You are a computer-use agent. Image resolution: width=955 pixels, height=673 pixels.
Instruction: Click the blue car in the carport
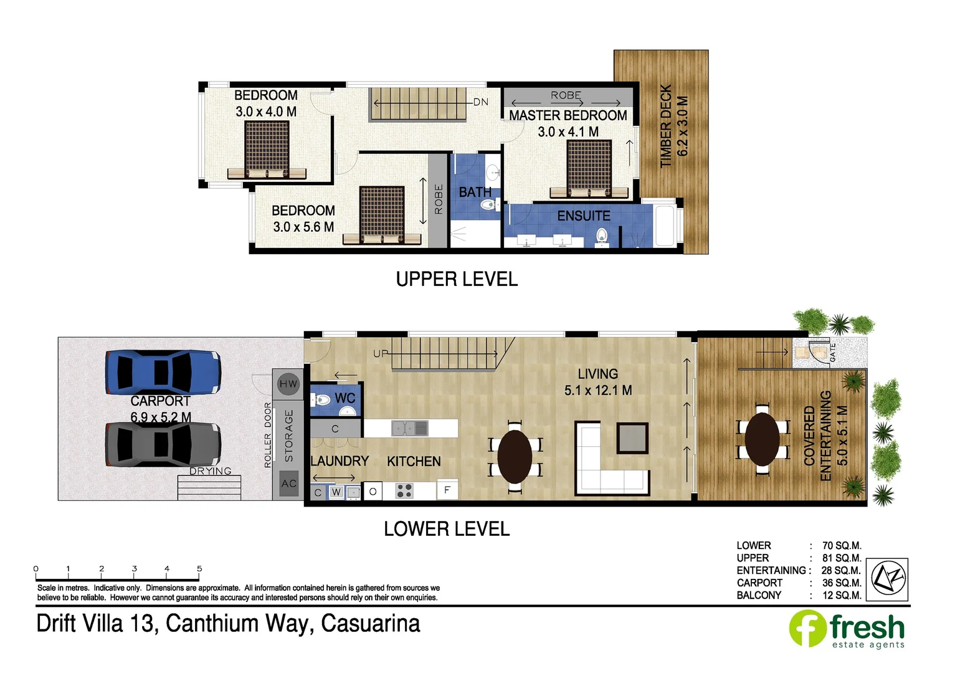[163, 372]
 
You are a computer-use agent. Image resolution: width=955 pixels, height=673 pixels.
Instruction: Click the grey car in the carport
[163, 444]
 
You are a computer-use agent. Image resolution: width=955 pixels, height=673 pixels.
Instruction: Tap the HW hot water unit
[288, 384]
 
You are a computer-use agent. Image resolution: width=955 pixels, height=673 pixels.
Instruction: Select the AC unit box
[289, 484]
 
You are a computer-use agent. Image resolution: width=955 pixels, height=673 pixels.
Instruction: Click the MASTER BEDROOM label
[568, 116]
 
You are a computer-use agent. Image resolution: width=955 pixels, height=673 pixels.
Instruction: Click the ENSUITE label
[584, 216]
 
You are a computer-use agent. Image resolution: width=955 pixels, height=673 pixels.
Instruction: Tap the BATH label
[475, 192]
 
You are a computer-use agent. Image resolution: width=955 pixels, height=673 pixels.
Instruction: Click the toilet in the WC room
[322, 399]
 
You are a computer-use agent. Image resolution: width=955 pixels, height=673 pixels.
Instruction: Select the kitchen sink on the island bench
[409, 428]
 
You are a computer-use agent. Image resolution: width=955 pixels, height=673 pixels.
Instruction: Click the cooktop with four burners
[404, 491]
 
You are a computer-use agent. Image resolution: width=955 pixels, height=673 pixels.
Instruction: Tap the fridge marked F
[447, 490]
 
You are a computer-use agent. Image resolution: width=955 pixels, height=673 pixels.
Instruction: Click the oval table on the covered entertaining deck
[762, 439]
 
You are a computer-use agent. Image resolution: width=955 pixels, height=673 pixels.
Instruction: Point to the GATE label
[833, 353]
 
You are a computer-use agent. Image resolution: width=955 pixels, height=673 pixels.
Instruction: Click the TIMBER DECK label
[666, 126]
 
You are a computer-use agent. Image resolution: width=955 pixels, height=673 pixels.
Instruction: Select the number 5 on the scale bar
[199, 568]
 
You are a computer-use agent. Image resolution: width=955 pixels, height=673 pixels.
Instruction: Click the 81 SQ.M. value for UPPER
[841, 558]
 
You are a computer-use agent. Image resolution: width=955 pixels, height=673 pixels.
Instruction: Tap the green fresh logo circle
[808, 628]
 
